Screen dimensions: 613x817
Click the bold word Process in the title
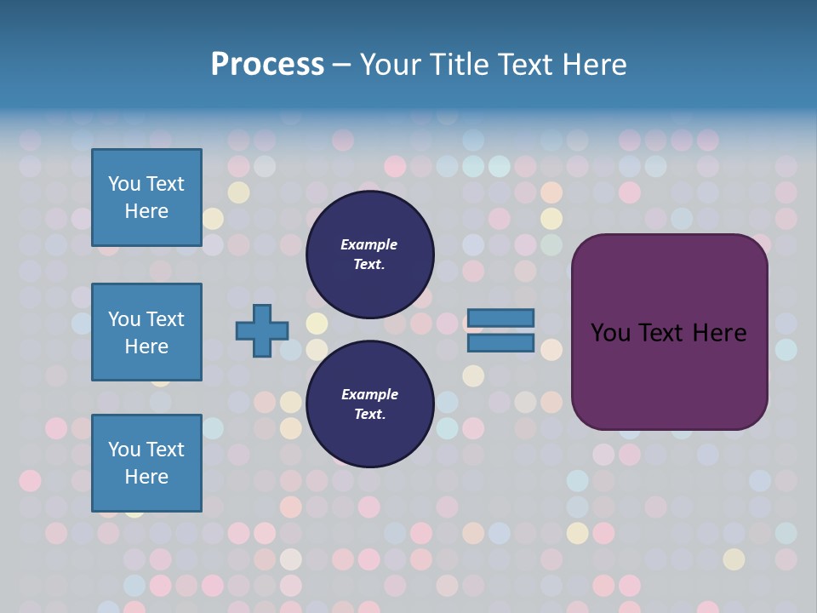(267, 65)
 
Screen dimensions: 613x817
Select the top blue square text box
(146, 198)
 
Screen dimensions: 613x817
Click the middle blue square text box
(146, 332)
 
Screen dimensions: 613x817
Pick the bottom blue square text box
(146, 463)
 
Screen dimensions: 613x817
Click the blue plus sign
(262, 330)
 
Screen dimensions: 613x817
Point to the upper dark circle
(369, 254)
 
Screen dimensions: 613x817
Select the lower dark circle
(369, 404)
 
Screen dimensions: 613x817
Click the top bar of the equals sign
(500, 318)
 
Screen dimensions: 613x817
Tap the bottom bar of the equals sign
(500, 343)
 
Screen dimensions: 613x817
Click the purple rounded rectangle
(669, 375)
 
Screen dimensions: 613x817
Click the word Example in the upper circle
(369, 244)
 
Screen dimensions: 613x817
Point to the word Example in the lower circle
(369, 394)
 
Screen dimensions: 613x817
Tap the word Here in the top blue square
(146, 211)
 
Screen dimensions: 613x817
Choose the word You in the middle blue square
(124, 319)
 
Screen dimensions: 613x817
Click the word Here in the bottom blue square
(146, 477)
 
